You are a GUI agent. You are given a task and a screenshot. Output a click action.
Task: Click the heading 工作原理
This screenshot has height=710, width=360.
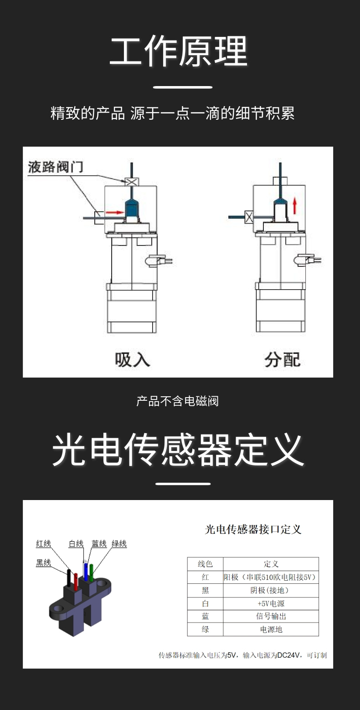click(x=179, y=51)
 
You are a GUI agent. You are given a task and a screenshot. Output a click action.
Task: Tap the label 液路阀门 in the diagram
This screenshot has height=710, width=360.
click(x=56, y=167)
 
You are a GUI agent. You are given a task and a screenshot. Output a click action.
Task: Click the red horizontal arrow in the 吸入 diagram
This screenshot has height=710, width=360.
click(x=114, y=212)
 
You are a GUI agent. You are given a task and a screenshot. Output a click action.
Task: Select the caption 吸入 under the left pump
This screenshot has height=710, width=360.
click(x=132, y=359)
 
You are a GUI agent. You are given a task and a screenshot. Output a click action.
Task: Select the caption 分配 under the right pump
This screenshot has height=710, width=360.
click(x=283, y=359)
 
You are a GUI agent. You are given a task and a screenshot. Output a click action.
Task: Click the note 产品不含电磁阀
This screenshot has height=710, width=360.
click(x=178, y=401)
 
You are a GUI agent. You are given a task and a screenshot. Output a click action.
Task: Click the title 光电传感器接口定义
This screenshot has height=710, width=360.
click(x=253, y=529)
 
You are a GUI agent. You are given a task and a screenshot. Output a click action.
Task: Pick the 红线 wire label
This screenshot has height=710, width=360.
click(x=44, y=543)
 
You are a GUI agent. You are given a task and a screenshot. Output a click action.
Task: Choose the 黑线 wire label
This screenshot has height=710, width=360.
click(x=44, y=563)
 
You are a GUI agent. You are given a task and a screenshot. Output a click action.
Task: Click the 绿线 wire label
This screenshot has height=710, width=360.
click(x=119, y=543)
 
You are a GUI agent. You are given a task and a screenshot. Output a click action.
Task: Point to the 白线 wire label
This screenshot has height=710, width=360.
click(x=76, y=543)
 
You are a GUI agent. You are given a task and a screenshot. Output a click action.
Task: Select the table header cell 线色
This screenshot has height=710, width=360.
click(x=205, y=564)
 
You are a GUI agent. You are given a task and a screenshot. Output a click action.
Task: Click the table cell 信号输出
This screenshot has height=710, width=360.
click(x=271, y=616)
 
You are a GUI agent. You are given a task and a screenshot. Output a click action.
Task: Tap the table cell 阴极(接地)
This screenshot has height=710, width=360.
click(x=271, y=590)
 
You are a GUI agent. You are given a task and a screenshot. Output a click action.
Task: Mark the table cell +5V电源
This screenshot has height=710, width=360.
click(x=271, y=603)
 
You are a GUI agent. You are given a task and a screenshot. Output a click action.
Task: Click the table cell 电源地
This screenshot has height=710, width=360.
click(x=271, y=629)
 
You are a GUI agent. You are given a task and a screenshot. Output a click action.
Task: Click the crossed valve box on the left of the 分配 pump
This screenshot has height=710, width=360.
click(x=249, y=217)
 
